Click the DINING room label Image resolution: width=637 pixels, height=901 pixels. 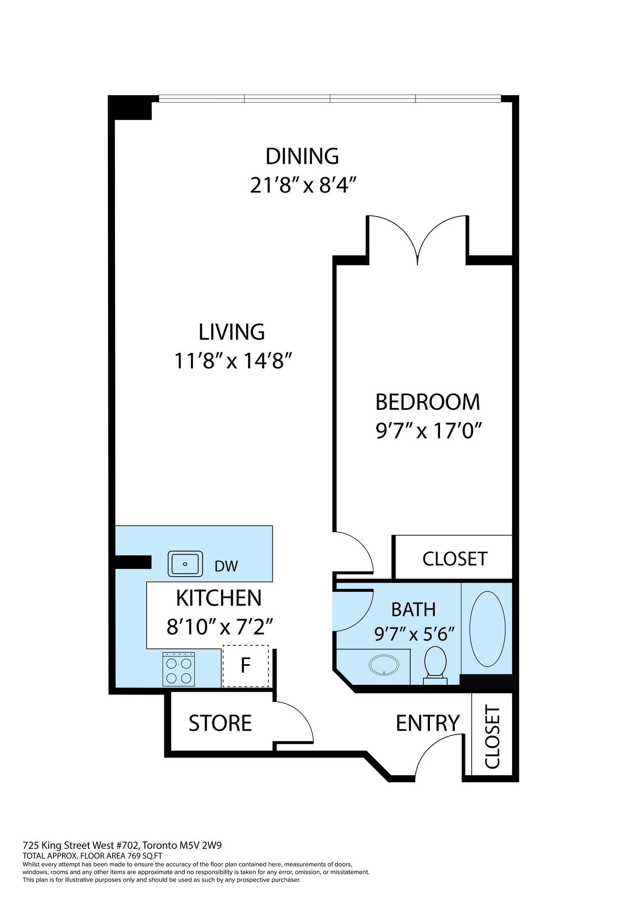click(302, 156)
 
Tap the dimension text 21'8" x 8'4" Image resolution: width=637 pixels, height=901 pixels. click(302, 185)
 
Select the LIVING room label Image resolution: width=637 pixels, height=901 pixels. click(232, 332)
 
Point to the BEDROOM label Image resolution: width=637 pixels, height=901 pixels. click(428, 402)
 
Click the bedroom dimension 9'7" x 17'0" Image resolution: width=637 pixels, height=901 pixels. click(429, 431)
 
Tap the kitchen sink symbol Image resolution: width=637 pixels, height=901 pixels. click(185, 564)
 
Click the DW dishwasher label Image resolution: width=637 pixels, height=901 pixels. click(226, 566)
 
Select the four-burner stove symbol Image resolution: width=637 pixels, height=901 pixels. click(179, 669)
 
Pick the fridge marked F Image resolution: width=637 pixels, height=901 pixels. click(245, 666)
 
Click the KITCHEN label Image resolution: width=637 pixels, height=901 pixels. click(219, 598)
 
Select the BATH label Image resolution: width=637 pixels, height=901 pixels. click(414, 610)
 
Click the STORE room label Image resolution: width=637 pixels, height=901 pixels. click(220, 723)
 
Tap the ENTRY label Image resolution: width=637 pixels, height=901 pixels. click(428, 723)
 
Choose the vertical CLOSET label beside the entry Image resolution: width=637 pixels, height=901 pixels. click(492, 737)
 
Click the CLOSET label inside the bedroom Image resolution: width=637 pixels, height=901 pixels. click(455, 559)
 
